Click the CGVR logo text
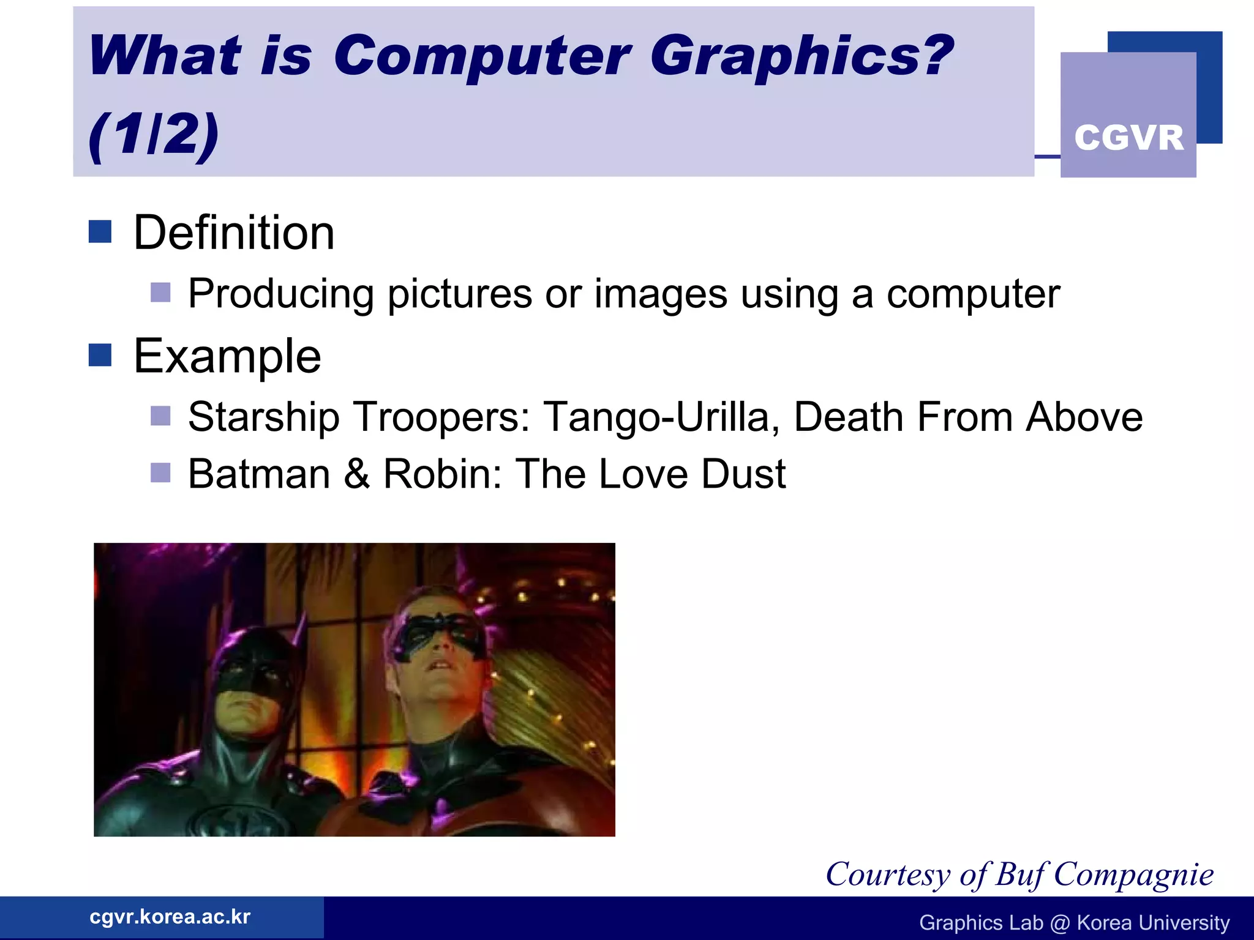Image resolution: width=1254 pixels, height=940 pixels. click(x=1128, y=138)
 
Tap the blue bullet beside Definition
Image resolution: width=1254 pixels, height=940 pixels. click(x=100, y=232)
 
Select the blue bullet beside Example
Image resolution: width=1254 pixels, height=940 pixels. click(x=100, y=355)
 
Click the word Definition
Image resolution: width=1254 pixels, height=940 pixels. click(x=234, y=233)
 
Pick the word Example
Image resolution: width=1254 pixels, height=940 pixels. click(x=227, y=357)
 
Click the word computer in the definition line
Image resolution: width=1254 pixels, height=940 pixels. click(x=973, y=295)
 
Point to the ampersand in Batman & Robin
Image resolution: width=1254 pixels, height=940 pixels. click(x=357, y=474)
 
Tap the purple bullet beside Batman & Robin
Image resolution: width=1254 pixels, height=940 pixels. click(x=160, y=472)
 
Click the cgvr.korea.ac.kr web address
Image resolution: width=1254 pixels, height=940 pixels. click(x=170, y=917)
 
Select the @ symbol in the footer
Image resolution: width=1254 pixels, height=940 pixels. click(x=1060, y=923)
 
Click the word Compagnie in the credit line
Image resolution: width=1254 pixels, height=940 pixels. click(x=1133, y=874)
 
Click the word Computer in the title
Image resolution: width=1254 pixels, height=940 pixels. click(x=482, y=57)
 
